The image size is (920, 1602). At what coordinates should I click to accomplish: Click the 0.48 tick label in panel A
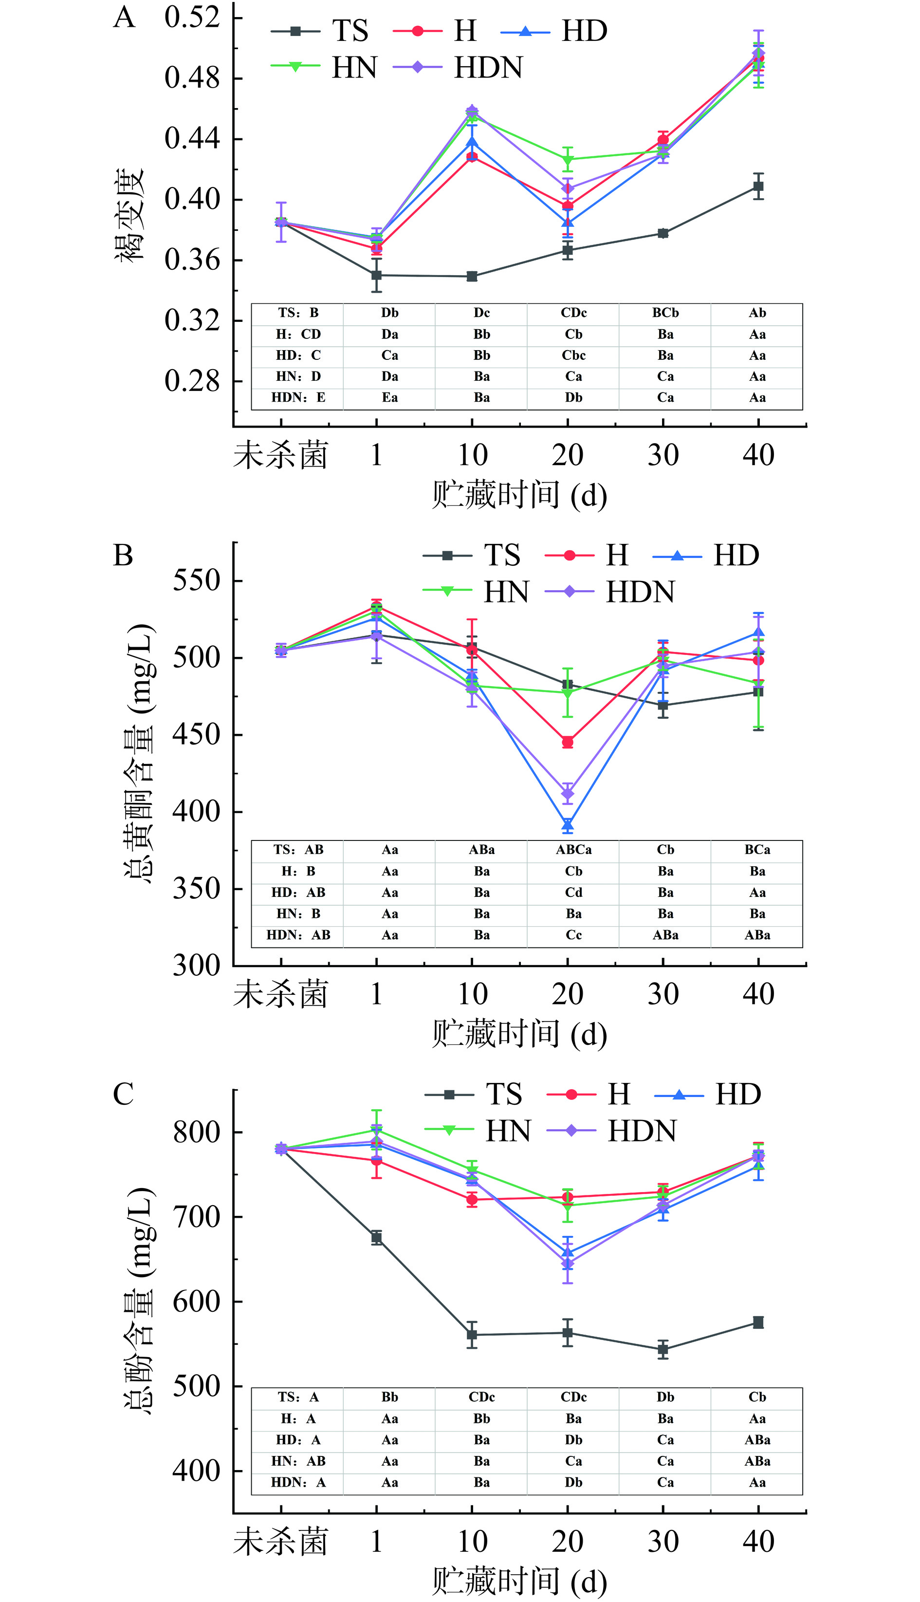pyautogui.click(x=191, y=78)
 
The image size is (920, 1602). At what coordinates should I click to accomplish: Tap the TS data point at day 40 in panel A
pyautogui.click(x=758, y=186)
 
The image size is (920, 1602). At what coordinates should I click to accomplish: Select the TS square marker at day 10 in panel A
pyautogui.click(x=472, y=276)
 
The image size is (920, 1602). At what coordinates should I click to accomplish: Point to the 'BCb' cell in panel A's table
pyautogui.click(x=665, y=313)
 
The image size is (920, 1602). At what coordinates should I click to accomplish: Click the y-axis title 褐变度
pyautogui.click(x=129, y=215)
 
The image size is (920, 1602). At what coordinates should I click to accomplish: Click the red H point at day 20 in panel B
pyautogui.click(x=568, y=742)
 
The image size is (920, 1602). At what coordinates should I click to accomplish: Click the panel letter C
pyautogui.click(x=123, y=1095)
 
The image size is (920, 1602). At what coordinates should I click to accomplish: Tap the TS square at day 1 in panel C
pyautogui.click(x=377, y=1238)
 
